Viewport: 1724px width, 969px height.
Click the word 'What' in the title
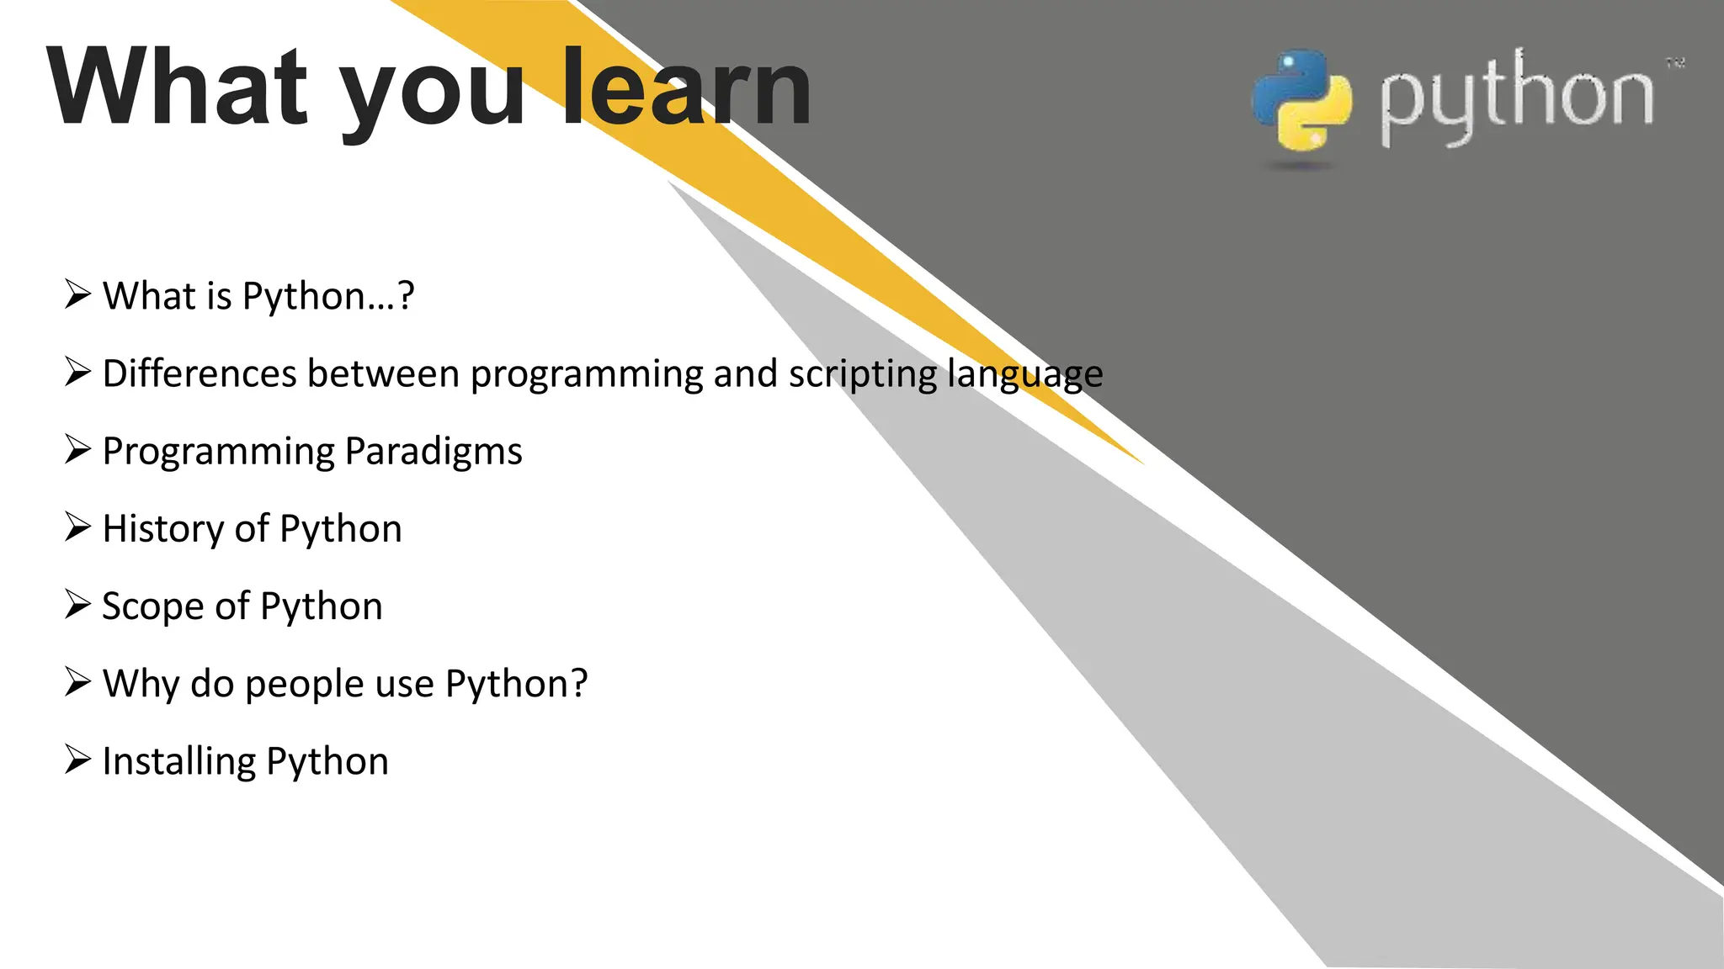[177, 88]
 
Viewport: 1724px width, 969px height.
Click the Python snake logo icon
[1301, 101]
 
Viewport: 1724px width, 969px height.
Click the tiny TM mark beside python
[1675, 63]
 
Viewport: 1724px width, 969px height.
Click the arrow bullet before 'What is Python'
[77, 294]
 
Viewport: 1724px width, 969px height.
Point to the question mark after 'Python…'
[406, 296]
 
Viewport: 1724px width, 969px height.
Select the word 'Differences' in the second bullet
[199, 373]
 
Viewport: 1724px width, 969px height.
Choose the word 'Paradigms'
[434, 453]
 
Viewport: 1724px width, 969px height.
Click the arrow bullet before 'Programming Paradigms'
[77, 449]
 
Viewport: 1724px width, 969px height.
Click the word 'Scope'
[152, 607]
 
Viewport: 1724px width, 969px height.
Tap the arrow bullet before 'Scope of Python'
[77, 604]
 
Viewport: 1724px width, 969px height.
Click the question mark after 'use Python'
[579, 683]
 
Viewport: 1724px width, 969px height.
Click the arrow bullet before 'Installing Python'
[77, 759]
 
